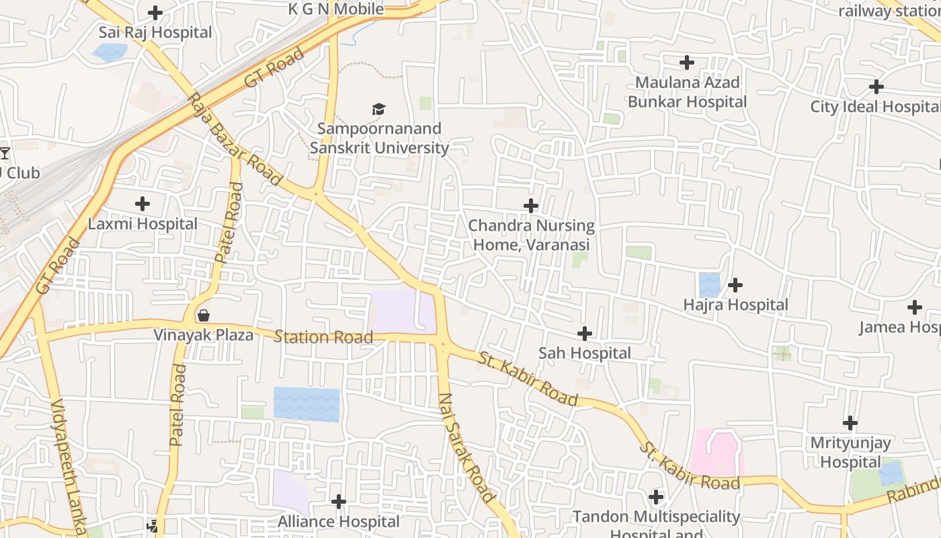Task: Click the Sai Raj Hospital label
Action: point(155,32)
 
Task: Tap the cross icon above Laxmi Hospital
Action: point(142,203)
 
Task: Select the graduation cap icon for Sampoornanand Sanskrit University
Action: point(379,109)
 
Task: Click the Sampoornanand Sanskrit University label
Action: point(379,138)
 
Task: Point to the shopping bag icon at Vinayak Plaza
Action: point(203,315)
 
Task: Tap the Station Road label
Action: point(323,337)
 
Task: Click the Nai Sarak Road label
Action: point(467,448)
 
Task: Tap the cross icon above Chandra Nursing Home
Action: point(531,205)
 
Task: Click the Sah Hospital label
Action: point(585,353)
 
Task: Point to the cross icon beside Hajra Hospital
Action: point(735,285)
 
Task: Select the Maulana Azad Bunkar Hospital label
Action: point(687,92)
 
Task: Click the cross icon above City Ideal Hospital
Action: point(876,87)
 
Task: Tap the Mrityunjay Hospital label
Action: point(850,453)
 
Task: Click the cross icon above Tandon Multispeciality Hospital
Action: point(656,498)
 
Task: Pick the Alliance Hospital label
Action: point(339,521)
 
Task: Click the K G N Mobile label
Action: point(336,9)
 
